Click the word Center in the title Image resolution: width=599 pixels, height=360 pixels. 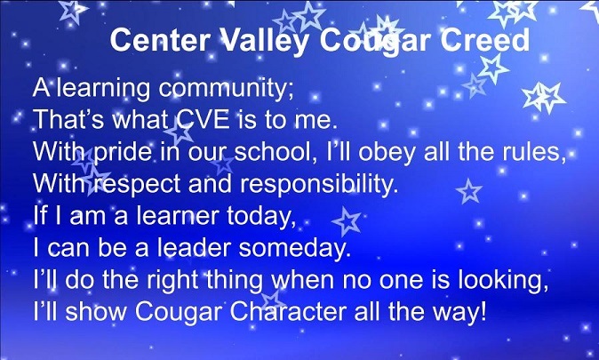pos(161,40)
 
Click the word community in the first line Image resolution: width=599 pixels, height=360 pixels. pos(226,89)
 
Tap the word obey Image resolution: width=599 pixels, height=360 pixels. pos(387,153)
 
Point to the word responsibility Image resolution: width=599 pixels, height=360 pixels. pos(319,185)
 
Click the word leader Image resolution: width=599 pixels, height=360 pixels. pos(195,248)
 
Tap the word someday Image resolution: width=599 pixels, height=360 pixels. pos(294,249)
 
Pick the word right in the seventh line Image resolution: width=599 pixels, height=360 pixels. pos(172,281)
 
